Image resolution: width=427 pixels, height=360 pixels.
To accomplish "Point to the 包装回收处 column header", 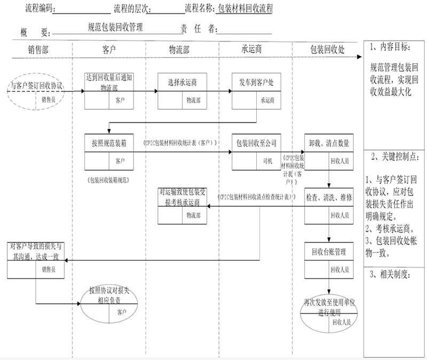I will click(x=327, y=49).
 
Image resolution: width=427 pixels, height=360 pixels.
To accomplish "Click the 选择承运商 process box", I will click(x=182, y=90).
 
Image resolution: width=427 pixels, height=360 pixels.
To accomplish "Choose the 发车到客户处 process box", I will click(x=256, y=90).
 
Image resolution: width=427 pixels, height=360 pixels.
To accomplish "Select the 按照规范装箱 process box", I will click(x=108, y=151).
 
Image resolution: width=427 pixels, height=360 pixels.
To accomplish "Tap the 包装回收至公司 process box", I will click(x=256, y=151).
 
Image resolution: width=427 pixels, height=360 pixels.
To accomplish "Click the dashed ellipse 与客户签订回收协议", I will click(x=37, y=91).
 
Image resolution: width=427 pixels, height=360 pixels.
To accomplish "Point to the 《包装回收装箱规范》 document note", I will click(x=108, y=180).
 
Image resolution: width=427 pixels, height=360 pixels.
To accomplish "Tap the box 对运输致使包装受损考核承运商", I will click(x=182, y=206).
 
